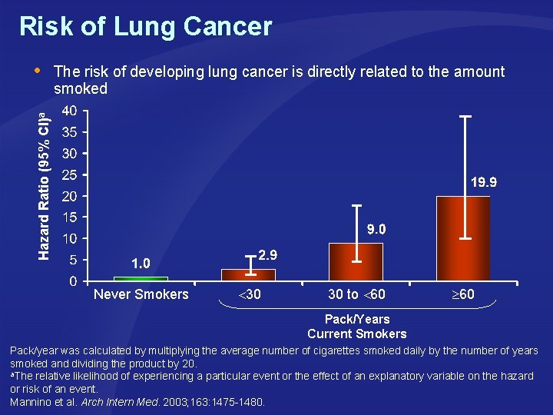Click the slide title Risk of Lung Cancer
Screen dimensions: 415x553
pyautogui.click(x=145, y=27)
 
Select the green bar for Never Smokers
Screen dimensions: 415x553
pyautogui.click(x=141, y=278)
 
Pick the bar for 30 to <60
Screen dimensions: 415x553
pyautogui.click(x=356, y=262)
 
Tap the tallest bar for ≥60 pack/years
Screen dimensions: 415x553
pyautogui.click(x=463, y=238)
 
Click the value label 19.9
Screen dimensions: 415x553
pyautogui.click(x=484, y=183)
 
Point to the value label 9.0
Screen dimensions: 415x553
pyautogui.click(x=376, y=229)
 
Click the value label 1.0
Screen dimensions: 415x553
pyautogui.click(x=141, y=264)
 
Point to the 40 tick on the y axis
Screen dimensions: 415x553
pyautogui.click(x=68, y=111)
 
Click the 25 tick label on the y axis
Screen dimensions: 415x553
pyautogui.click(x=68, y=174)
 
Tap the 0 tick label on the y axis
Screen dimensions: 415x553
pyautogui.click(x=72, y=281)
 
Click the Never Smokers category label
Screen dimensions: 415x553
pyautogui.click(x=141, y=294)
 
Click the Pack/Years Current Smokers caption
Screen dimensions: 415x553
pyautogui.click(x=356, y=327)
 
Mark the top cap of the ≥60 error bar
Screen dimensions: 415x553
pyautogui.click(x=465, y=116)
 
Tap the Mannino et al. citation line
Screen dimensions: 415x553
pyautogui.click(x=137, y=402)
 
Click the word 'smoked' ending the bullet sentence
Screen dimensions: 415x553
pyautogui.click(x=80, y=89)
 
